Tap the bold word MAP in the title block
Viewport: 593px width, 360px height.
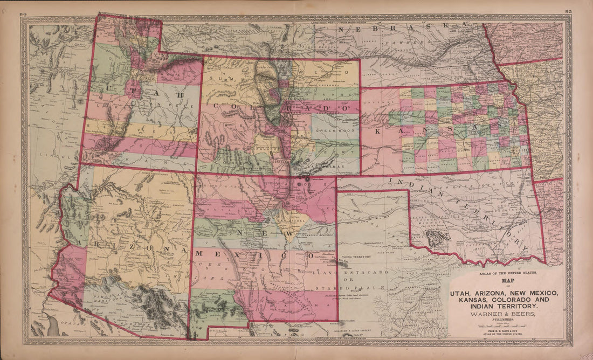[508, 281]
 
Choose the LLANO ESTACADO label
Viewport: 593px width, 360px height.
[350, 273]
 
